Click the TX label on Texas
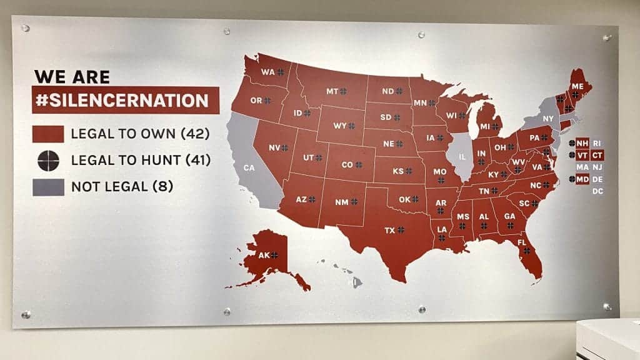[389, 230]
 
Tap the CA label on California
[249, 167]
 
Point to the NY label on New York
[548, 119]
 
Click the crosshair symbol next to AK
[274, 255]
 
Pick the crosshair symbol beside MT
[343, 91]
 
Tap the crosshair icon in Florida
[527, 250]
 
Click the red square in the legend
[48, 134]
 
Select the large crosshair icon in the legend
[48, 161]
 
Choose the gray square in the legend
[48, 187]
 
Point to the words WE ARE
[72, 77]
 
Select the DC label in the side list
[597, 191]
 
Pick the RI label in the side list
[597, 143]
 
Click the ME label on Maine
[577, 87]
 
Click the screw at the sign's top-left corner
[26, 28]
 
